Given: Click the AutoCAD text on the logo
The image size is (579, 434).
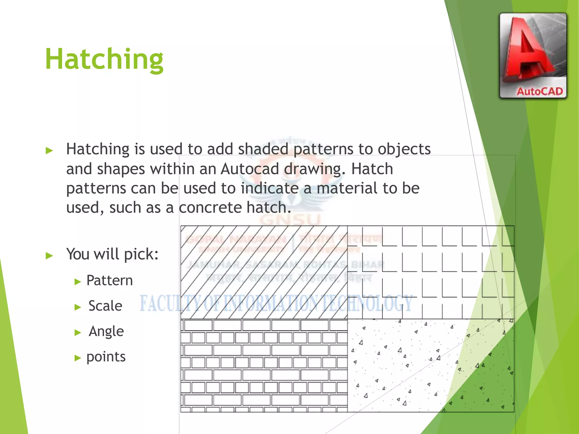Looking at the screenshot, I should (x=539, y=92).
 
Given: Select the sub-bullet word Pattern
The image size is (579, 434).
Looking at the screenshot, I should (x=109, y=281).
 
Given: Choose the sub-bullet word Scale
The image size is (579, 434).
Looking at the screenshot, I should (x=105, y=306).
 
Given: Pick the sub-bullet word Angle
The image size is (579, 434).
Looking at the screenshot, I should (x=106, y=331).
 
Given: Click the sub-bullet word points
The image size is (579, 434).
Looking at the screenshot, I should (x=106, y=357).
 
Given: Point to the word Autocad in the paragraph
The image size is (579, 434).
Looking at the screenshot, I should (x=250, y=169).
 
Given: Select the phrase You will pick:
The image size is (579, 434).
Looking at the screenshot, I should (x=112, y=254).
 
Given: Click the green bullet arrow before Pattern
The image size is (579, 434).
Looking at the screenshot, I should (x=78, y=282).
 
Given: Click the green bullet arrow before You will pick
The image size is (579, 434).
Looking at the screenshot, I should (x=49, y=256).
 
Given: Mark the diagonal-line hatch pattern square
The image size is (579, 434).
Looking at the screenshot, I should (x=264, y=272).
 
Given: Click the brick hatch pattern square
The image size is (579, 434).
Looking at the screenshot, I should (x=264, y=365).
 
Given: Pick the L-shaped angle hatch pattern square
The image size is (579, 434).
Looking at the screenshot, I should (x=430, y=272).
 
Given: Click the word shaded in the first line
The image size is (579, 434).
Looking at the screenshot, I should (x=263, y=149).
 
